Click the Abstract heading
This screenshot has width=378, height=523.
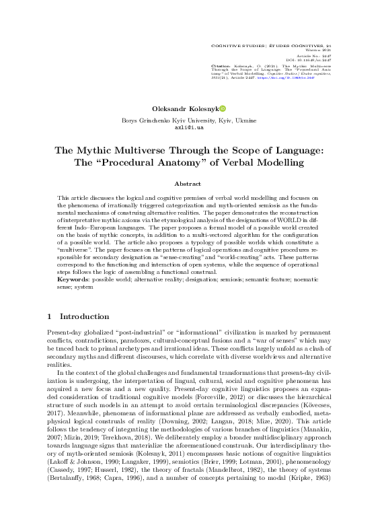click(x=188, y=183)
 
